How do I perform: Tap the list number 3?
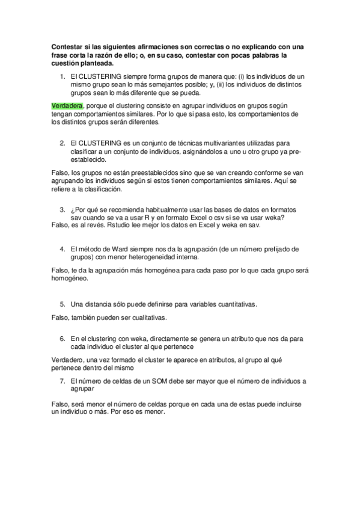point(62,209)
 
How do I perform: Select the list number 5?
point(62,304)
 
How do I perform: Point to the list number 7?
point(62,381)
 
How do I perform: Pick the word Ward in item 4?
point(116,248)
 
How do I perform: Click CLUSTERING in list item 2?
point(100,144)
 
